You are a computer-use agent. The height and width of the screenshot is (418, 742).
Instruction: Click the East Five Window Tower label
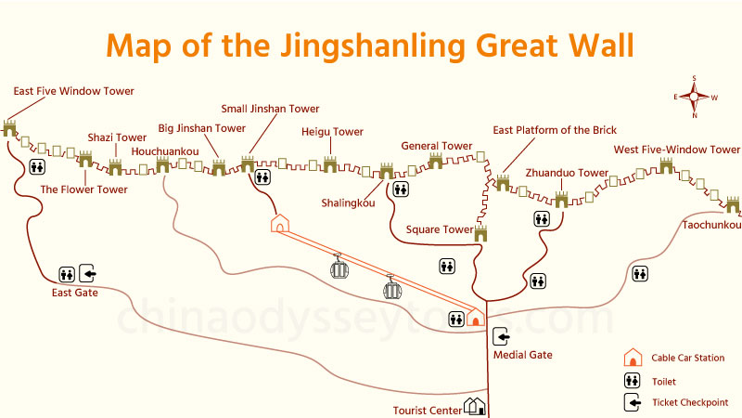click(74, 91)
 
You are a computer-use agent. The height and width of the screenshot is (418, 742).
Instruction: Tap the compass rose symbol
click(694, 96)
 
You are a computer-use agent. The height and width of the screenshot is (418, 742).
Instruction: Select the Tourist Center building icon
click(476, 406)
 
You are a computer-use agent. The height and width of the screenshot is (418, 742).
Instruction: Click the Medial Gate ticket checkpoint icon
click(501, 336)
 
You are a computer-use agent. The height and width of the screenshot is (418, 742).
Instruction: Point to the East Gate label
click(74, 294)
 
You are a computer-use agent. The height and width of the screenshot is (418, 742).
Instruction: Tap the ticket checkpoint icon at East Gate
click(88, 273)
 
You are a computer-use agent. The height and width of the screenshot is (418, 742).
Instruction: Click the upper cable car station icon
click(280, 224)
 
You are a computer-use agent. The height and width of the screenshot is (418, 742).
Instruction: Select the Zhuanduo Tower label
click(567, 173)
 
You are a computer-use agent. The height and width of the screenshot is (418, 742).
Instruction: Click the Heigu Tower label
click(332, 132)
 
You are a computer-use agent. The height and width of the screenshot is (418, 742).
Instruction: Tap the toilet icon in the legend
click(632, 381)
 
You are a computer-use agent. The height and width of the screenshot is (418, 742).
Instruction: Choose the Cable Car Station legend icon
click(632, 358)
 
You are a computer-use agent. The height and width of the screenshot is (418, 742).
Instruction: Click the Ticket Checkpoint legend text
click(690, 403)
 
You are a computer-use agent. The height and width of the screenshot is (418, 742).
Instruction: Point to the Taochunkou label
click(711, 225)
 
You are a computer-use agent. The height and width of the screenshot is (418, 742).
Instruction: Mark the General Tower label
click(437, 146)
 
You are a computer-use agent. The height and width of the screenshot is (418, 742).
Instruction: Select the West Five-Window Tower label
click(677, 150)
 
